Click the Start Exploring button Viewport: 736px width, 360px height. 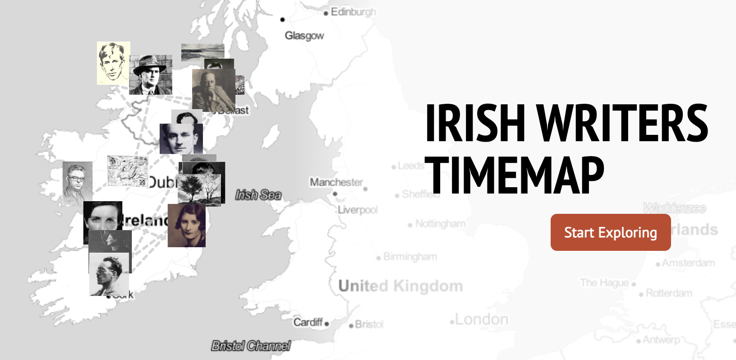610,232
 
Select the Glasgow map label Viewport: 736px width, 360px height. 304,35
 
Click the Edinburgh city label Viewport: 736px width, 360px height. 353,12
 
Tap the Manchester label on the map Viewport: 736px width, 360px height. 336,182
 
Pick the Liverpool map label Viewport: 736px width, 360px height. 358,210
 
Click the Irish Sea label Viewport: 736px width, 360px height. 258,195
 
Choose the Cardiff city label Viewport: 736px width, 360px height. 308,322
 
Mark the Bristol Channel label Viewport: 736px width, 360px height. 251,346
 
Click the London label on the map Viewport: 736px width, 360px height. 482,319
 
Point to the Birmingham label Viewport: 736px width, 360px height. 410,257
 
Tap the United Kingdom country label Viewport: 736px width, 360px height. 400,286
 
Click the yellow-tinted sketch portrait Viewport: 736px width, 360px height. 113,63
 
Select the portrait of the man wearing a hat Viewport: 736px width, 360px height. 151,75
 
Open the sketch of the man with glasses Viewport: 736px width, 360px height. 77,180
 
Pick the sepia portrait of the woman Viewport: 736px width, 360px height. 186,226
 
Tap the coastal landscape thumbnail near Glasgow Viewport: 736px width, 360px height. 202,51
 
